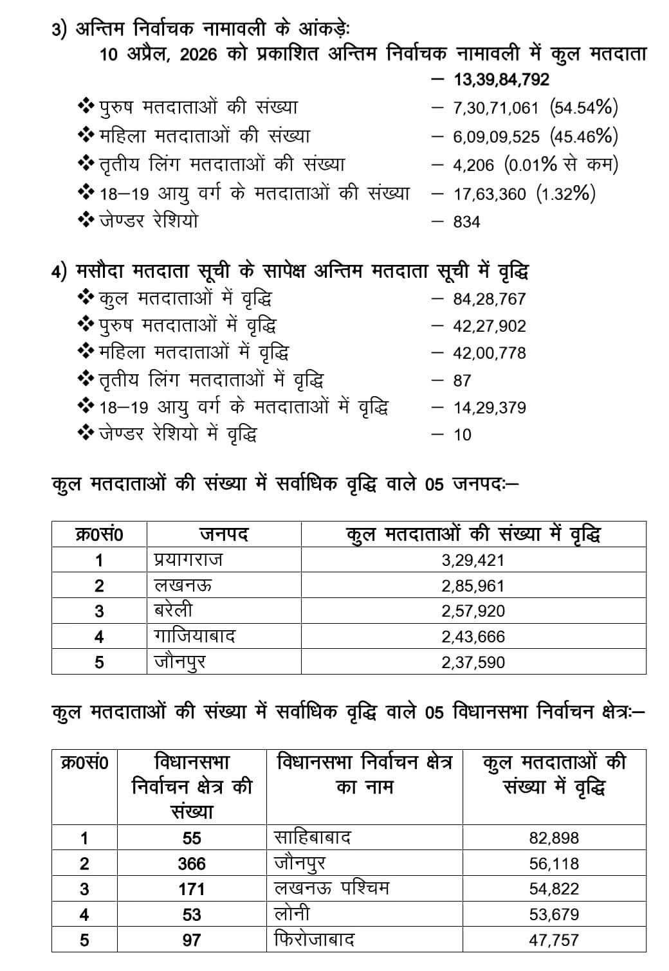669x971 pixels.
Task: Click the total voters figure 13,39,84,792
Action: (x=501, y=79)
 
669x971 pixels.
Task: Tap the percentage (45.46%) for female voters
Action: (x=584, y=136)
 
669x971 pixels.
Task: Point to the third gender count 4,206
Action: (x=473, y=165)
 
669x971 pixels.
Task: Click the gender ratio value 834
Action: (x=466, y=222)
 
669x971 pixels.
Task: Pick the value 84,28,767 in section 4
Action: (x=489, y=299)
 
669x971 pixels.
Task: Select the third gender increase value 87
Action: (x=462, y=381)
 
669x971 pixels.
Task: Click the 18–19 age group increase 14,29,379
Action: (x=489, y=408)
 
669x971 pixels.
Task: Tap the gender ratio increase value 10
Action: (x=462, y=435)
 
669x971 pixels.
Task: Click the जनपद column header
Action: (x=223, y=534)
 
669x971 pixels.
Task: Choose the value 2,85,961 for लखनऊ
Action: (x=473, y=586)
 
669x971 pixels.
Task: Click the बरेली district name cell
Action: (x=173, y=611)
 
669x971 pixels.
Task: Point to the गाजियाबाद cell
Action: (x=194, y=637)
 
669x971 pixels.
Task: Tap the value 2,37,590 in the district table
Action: (x=473, y=662)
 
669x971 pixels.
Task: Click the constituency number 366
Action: (x=192, y=864)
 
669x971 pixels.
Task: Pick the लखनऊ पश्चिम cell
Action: (x=331, y=889)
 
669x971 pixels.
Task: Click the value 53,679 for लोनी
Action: (x=554, y=914)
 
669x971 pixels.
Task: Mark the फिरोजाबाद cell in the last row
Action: (x=314, y=939)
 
